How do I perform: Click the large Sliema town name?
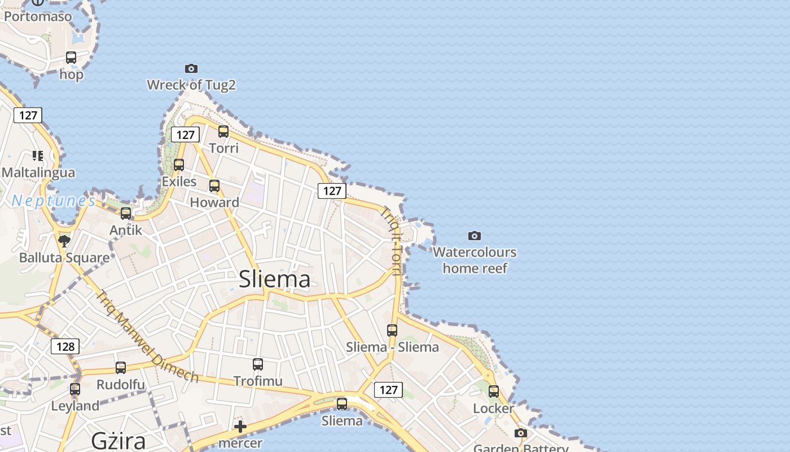[274, 279]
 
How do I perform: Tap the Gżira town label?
[118, 441]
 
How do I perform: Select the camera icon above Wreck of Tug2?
[191, 68]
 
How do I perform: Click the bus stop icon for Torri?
[223, 132]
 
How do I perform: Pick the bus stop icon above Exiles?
[179, 165]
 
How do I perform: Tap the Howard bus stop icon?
[214, 185]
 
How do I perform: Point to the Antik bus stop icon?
[126, 214]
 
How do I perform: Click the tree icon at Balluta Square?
[64, 241]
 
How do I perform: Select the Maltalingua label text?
[38, 172]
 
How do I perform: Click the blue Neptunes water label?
[54, 201]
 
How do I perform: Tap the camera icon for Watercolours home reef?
[475, 236]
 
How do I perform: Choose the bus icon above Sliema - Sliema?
[392, 330]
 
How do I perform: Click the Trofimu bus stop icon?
[258, 364]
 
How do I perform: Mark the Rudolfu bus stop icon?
[121, 368]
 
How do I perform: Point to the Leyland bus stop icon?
[75, 389]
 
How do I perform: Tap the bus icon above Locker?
[494, 391]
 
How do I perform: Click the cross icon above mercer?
[240, 426]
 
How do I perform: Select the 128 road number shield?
[65, 346]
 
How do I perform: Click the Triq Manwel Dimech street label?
[147, 337]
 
